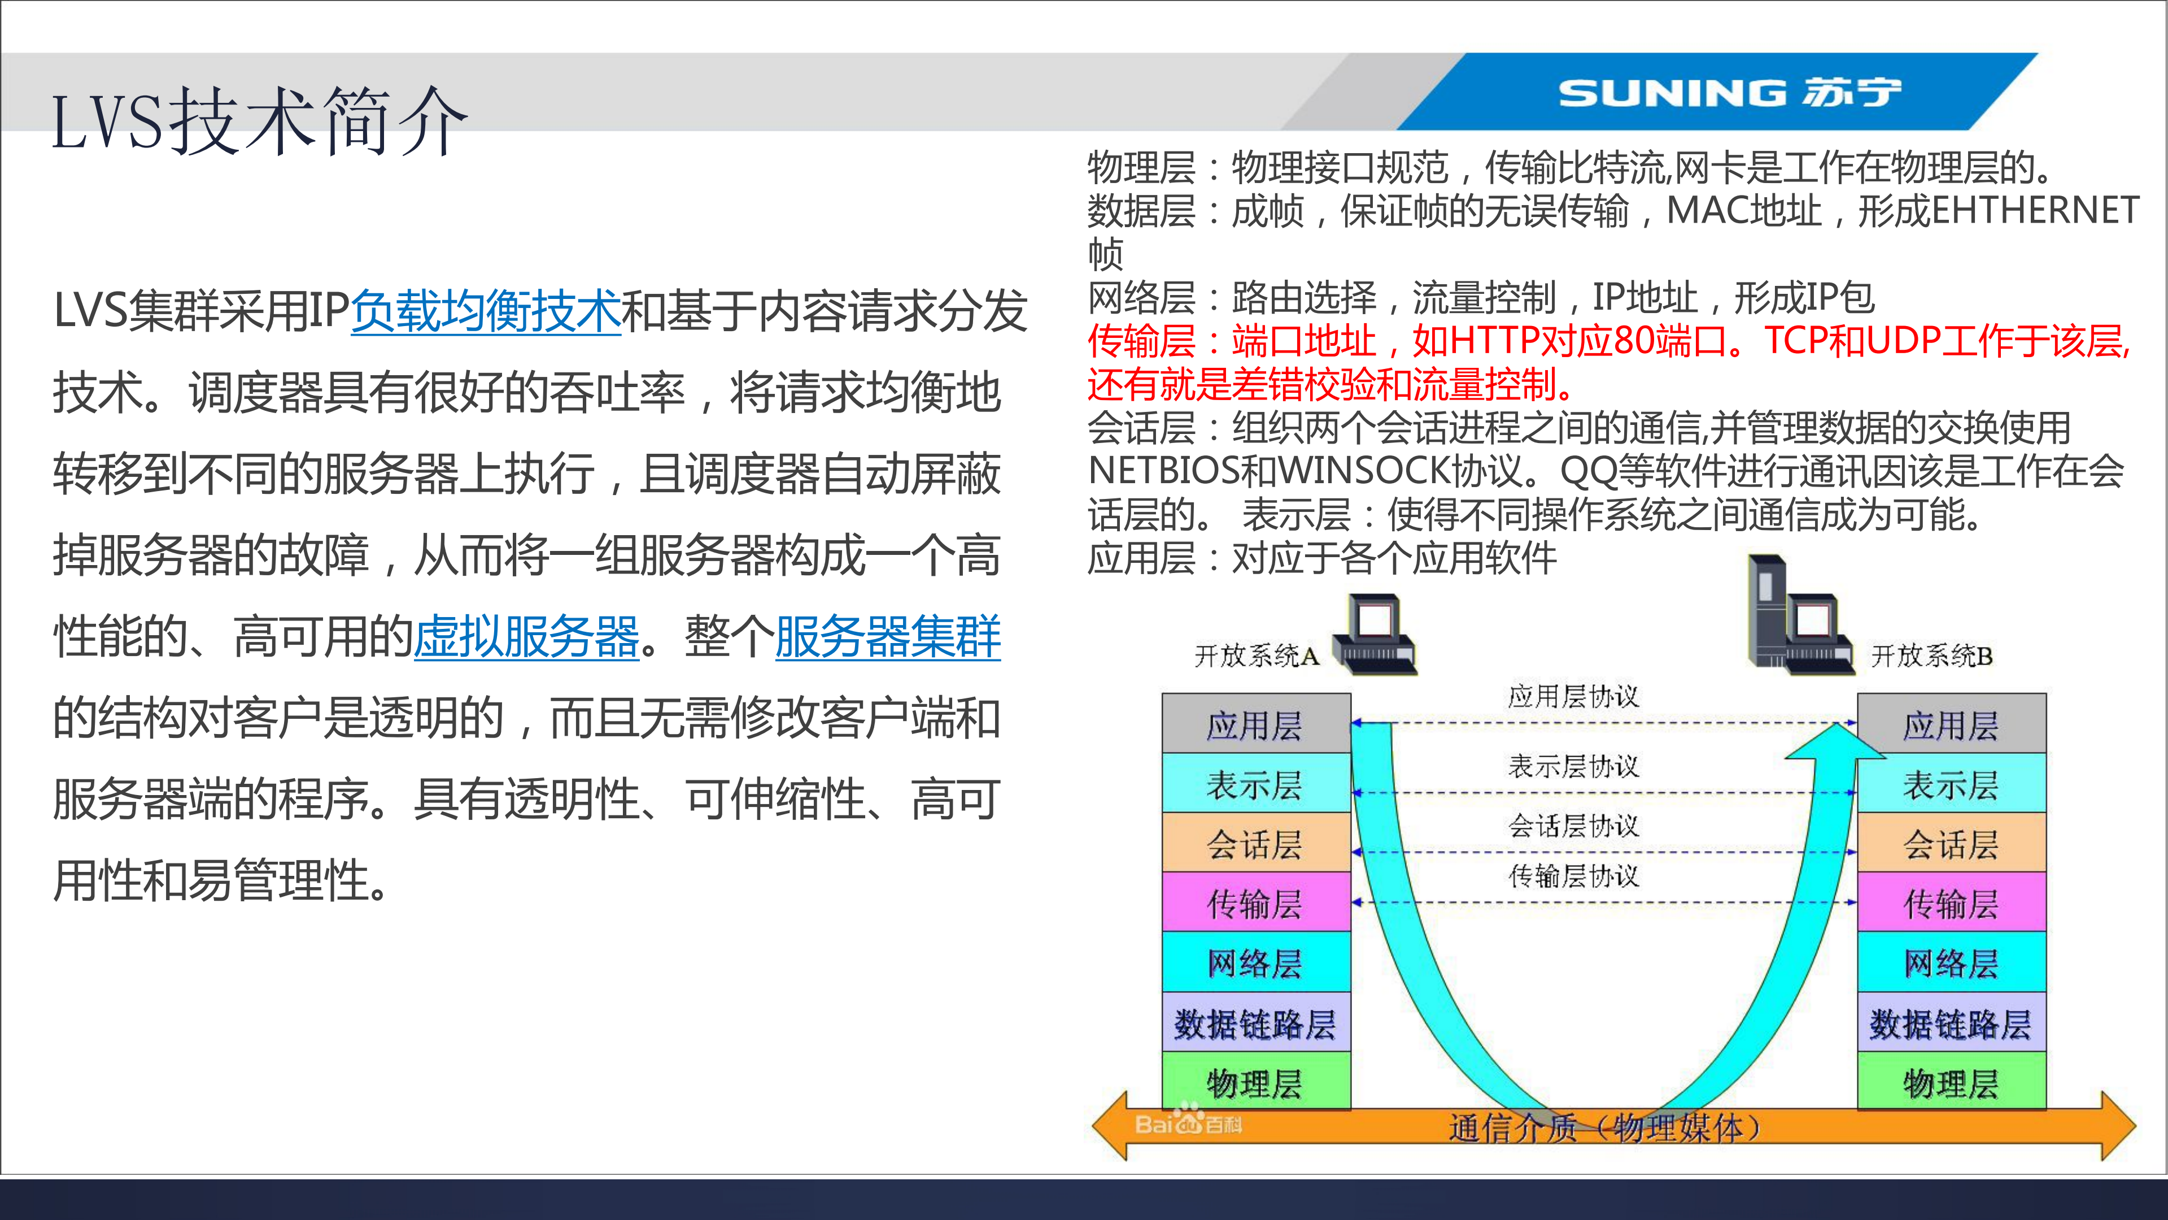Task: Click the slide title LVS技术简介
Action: click(259, 122)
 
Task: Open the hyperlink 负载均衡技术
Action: click(486, 311)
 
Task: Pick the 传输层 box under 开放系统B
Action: click(1951, 904)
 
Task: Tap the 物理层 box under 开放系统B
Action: click(1951, 1083)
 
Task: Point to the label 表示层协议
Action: click(1573, 766)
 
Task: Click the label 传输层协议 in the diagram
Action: click(1573, 876)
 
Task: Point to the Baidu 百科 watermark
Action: click(1188, 1122)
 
